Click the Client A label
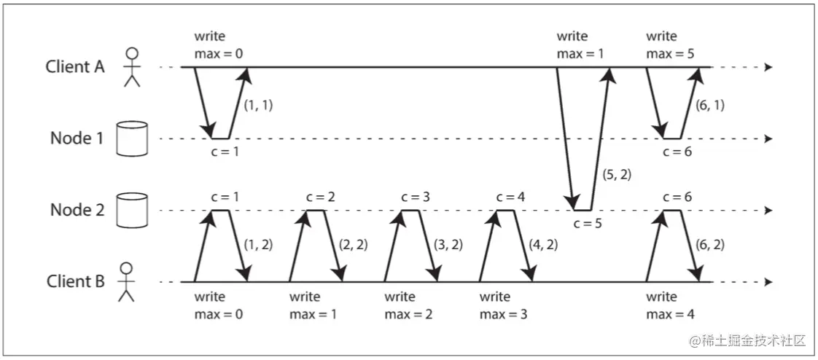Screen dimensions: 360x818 75,67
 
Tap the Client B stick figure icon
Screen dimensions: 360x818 127,281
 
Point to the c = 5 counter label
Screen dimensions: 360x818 587,222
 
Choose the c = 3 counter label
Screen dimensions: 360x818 416,197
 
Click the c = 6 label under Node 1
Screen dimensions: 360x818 678,151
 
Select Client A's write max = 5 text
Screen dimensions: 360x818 669,44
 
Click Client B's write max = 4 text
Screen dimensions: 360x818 669,305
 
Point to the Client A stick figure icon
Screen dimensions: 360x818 131,67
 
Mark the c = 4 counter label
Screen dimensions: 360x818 511,197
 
